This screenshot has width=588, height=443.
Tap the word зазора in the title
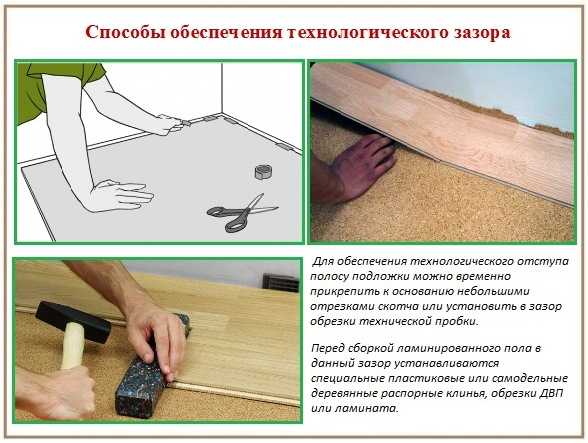(482, 33)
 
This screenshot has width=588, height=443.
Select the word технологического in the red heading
(369, 33)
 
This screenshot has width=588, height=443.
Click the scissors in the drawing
(242, 213)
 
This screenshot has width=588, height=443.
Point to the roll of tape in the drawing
(263, 171)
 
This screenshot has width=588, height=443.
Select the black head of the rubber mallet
(73, 322)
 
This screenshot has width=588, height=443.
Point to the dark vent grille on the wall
(280, 282)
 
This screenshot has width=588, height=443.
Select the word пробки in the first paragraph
(460, 321)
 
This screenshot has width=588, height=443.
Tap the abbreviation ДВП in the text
(552, 393)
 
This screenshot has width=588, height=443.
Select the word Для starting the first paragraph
(323, 261)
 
